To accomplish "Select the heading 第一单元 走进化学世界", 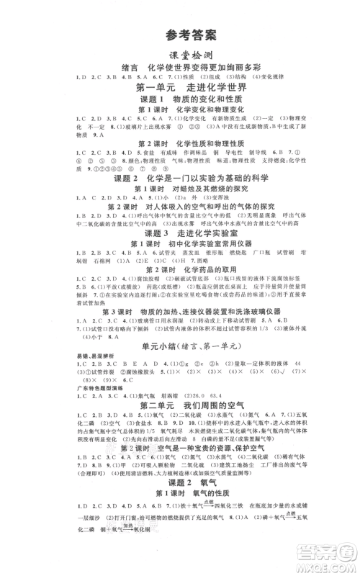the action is click(x=179, y=86).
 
